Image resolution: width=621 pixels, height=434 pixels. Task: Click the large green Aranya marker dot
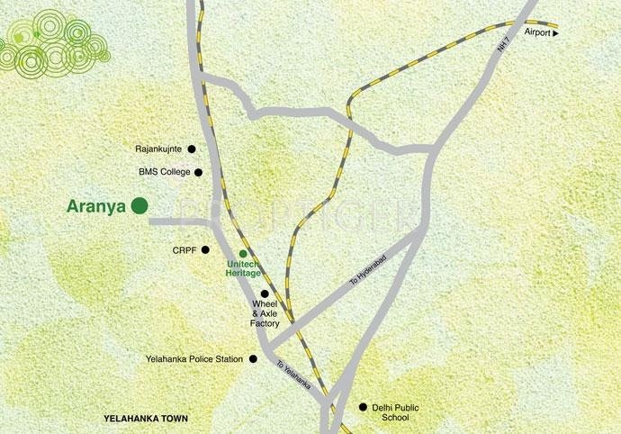coord(139,205)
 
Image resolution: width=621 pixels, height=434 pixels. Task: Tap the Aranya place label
coord(95,205)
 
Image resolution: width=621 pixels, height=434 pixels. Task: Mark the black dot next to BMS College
coord(198,172)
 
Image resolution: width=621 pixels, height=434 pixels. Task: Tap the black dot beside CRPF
coord(205,249)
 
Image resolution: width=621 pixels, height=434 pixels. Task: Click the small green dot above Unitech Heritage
coord(242,253)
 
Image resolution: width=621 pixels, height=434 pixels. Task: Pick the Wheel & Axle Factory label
coord(265,313)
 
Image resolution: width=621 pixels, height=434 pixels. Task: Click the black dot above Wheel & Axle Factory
coord(265,294)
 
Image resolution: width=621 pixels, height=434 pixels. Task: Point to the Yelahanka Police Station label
coord(194,359)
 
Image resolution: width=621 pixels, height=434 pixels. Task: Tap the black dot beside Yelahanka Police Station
coord(253,359)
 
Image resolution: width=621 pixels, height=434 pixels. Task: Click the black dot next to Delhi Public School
coord(364,407)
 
